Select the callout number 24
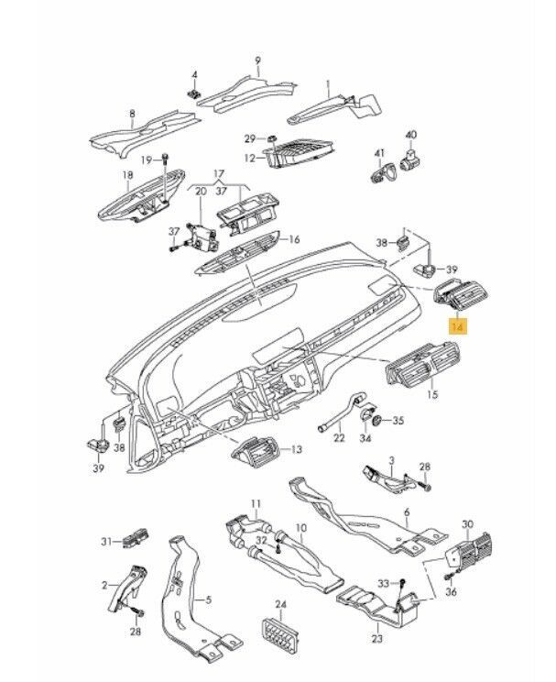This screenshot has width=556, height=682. click(x=281, y=605)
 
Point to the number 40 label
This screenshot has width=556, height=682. click(x=410, y=134)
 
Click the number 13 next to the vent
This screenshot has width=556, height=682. click(x=296, y=450)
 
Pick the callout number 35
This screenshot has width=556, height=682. click(x=398, y=421)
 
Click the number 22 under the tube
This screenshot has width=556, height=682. click(x=338, y=439)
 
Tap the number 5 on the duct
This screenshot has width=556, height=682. click(x=209, y=600)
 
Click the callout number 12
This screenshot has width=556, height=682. click(x=249, y=158)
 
